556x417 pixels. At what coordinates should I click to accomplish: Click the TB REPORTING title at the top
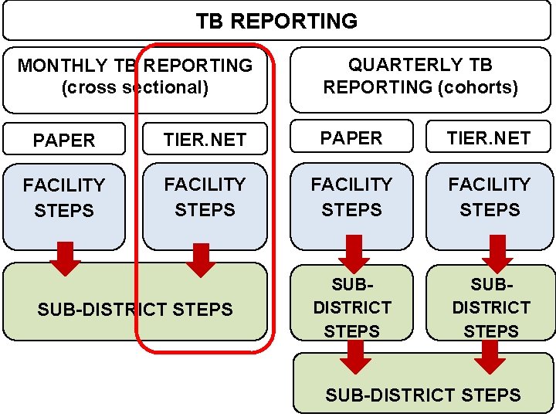pyautogui.click(x=276, y=21)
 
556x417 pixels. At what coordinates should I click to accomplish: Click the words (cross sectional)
pyautogui.click(x=134, y=87)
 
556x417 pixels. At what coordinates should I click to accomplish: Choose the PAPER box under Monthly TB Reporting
pyautogui.click(x=64, y=140)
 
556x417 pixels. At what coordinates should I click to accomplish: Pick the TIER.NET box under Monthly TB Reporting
pyautogui.click(x=205, y=139)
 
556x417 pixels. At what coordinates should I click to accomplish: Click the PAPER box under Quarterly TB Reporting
pyautogui.click(x=351, y=138)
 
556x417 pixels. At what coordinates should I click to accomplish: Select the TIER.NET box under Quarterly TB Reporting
pyautogui.click(x=490, y=138)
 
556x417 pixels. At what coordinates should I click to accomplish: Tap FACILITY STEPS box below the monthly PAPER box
pyautogui.click(x=64, y=198)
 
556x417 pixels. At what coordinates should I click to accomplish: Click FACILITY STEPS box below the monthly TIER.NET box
pyautogui.click(x=205, y=197)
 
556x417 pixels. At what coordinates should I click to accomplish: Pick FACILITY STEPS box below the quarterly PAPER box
pyautogui.click(x=351, y=197)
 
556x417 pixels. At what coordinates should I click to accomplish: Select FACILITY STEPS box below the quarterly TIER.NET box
pyautogui.click(x=490, y=197)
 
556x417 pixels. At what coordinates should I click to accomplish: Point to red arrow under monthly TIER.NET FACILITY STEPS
pyautogui.click(x=202, y=259)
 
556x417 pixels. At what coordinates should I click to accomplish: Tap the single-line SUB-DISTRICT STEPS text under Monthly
pyautogui.click(x=134, y=310)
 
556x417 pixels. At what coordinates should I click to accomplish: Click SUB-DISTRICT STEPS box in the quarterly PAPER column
pyautogui.click(x=351, y=307)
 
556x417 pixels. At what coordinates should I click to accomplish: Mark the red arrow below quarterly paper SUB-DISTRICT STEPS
pyautogui.click(x=355, y=355)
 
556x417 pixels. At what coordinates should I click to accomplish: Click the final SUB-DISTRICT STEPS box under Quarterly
pyautogui.click(x=423, y=395)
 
